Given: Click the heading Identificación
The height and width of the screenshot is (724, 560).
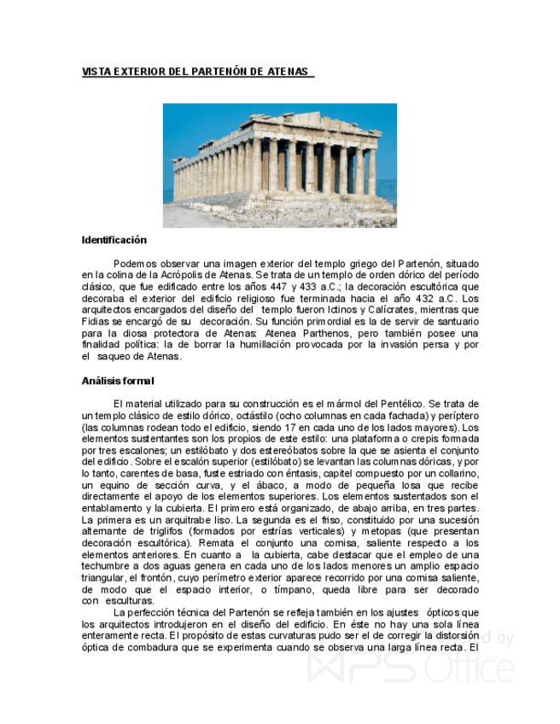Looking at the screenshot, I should click(114, 240).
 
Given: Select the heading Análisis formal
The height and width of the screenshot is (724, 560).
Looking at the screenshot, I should click(118, 381).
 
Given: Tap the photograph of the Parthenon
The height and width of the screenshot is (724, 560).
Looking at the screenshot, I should click(280, 166).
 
